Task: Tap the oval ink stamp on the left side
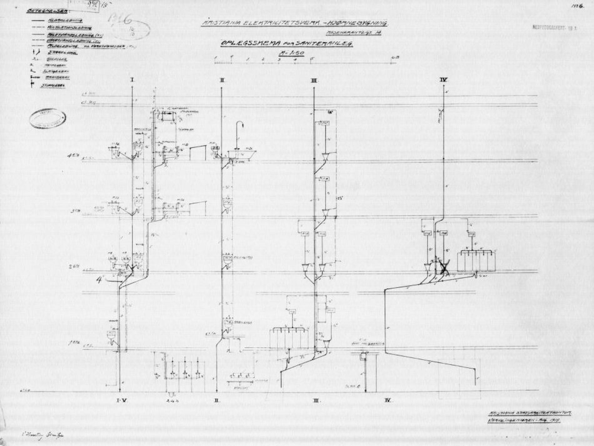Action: [x=48, y=118]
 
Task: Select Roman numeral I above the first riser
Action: [x=132, y=80]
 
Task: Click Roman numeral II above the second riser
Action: [x=222, y=80]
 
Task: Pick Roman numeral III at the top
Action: [x=314, y=81]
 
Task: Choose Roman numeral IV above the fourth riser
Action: [x=443, y=80]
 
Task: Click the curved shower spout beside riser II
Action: [x=240, y=125]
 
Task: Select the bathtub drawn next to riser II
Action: [x=241, y=154]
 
